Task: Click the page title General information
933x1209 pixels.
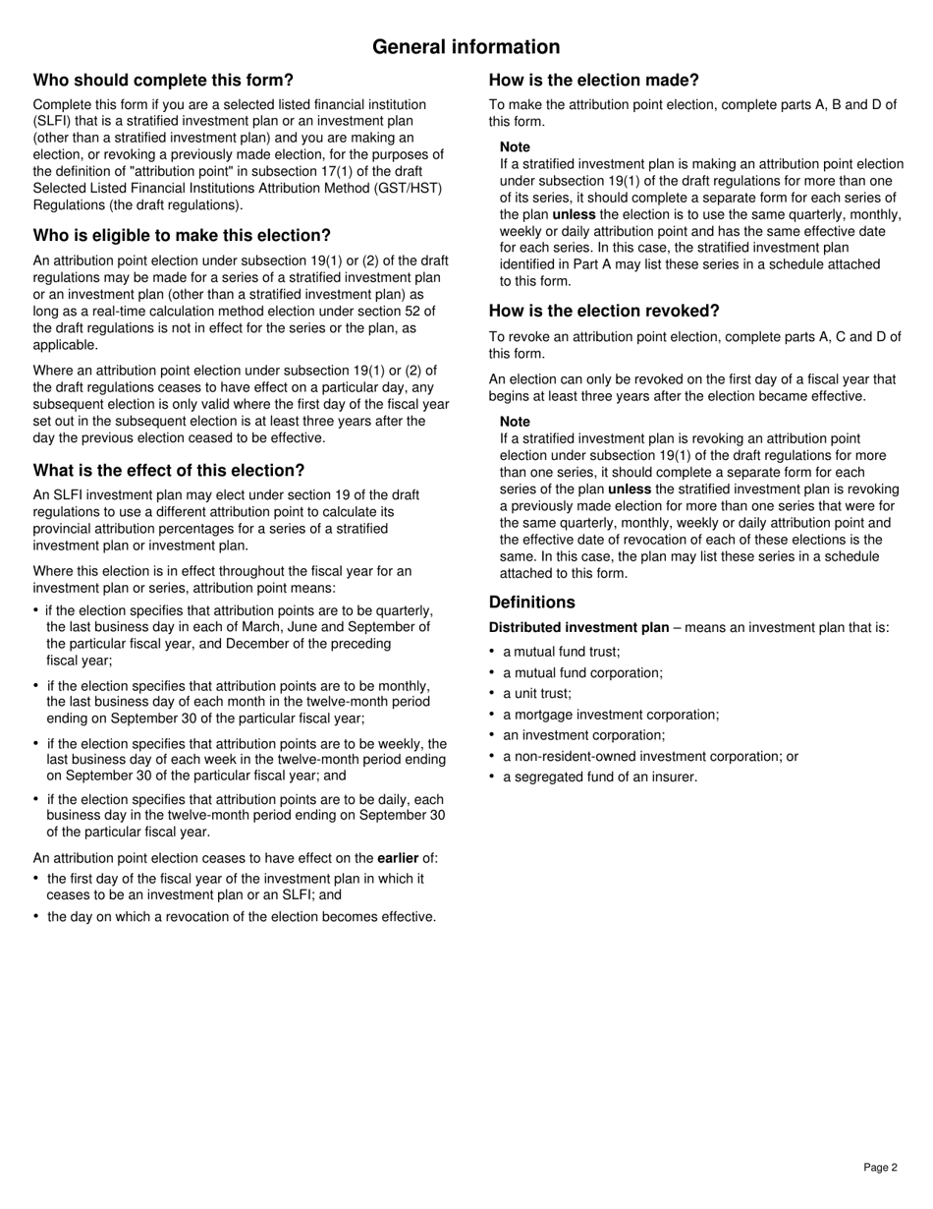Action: [466, 47]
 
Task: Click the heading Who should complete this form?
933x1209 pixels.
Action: [163, 80]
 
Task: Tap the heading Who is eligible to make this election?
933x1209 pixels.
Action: [182, 235]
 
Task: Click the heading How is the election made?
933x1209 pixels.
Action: [594, 80]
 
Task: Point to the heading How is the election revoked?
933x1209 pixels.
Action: [604, 311]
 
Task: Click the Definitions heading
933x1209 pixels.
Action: [532, 602]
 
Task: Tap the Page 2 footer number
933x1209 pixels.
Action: [880, 1168]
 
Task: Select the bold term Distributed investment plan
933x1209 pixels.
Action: [578, 627]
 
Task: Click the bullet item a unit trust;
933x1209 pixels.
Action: [536, 693]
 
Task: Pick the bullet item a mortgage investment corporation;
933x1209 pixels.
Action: [611, 715]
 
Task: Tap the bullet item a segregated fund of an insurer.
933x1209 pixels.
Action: [600, 777]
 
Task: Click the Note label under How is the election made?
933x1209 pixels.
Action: [515, 146]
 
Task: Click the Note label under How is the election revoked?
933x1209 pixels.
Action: [515, 422]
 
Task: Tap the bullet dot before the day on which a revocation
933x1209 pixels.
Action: [36, 916]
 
